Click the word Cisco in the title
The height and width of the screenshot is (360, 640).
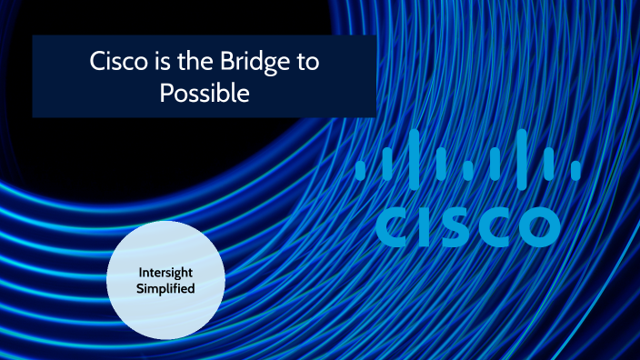click(115, 64)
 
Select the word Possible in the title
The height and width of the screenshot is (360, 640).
click(205, 94)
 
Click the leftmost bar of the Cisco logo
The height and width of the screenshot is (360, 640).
click(360, 169)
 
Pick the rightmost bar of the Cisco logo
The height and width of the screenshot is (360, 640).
click(575, 169)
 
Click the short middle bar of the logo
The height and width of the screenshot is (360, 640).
click(467, 169)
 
